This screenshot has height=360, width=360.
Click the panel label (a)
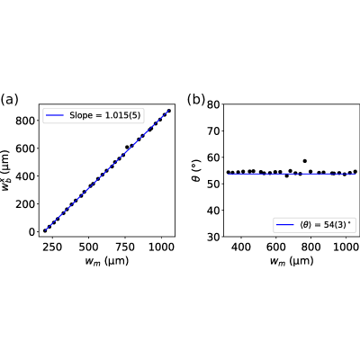9,100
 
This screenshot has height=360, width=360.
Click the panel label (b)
196,99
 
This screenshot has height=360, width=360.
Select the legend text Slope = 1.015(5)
105,115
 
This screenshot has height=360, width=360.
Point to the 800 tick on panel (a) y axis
25,121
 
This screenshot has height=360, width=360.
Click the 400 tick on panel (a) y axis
25,176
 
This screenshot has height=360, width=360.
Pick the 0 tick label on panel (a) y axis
31,232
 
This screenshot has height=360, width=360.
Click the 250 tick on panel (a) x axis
52,247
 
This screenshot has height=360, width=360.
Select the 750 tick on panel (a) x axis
125,247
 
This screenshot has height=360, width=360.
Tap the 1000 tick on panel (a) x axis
161,247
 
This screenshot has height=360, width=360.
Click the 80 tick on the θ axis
213,104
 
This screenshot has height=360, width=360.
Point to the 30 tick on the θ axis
213,237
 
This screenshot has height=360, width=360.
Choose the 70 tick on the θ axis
213,130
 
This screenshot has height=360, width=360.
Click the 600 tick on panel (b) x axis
276,247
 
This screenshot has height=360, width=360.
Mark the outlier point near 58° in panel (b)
305,161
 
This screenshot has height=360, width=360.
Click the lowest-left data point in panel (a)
45,230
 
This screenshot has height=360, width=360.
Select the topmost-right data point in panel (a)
169,111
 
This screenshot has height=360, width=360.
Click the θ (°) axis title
196,170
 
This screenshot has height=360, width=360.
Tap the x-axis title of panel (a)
107,260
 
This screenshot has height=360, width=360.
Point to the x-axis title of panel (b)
292,260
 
